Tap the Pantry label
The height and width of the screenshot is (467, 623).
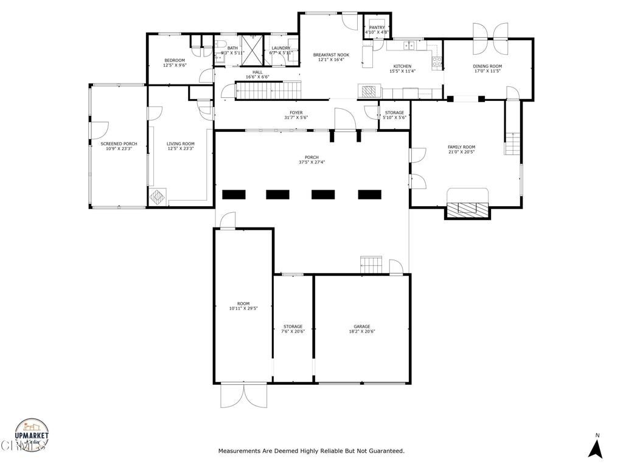[377, 27]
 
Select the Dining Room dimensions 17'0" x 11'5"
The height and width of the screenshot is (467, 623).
[487, 71]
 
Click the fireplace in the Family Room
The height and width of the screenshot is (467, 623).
[467, 208]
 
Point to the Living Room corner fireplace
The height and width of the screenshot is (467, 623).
[157, 196]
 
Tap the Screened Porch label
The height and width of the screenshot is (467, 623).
[119, 144]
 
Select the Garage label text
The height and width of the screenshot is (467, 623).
[362, 327]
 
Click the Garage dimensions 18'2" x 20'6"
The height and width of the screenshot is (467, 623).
[362, 332]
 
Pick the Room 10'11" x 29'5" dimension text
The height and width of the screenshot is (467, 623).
[243, 309]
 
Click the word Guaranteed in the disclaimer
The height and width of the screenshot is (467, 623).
[385, 451]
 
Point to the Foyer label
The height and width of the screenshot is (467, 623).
[296, 112]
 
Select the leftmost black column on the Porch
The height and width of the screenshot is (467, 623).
[234, 195]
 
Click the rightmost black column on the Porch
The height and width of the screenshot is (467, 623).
[369, 195]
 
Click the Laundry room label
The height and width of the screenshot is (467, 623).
[281, 48]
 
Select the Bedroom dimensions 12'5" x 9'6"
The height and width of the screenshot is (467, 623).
[175, 66]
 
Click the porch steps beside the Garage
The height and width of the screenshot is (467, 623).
[372, 265]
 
